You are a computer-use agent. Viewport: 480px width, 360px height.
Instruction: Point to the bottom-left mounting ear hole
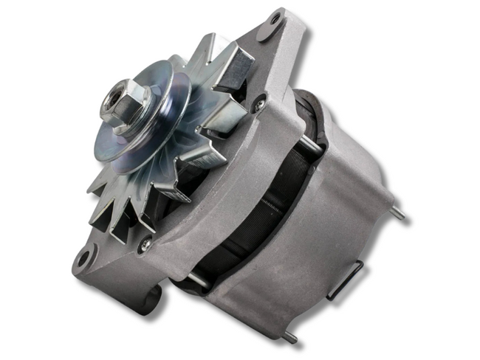[83, 257]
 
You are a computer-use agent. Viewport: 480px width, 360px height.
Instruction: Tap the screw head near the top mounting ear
[258, 105]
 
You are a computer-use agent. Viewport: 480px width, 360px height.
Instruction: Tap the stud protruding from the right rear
[398, 213]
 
